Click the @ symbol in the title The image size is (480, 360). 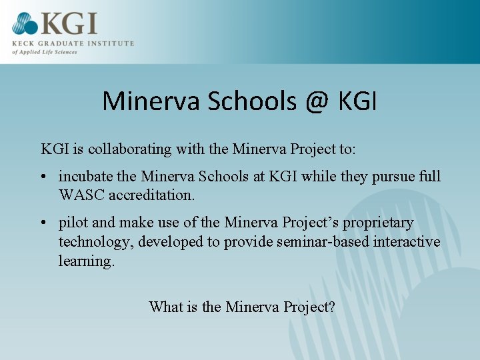tap(317, 101)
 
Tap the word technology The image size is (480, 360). tap(96, 241)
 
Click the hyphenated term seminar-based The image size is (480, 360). tap(303, 241)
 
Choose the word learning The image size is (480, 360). tap(86, 261)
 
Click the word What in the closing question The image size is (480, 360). tap(165, 307)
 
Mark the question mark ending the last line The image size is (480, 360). tap(331, 307)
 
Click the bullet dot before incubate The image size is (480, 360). tap(43, 177)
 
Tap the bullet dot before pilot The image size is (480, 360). tap(43, 223)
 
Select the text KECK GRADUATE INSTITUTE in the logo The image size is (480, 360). tap(73, 43)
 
